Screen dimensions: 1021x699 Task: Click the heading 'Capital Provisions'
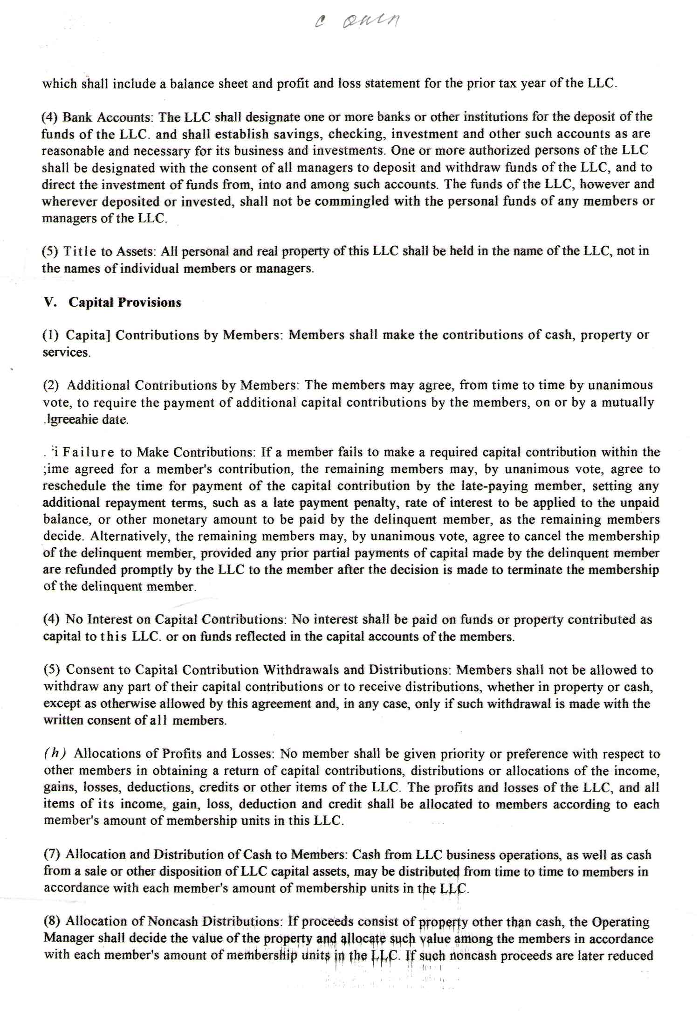125,303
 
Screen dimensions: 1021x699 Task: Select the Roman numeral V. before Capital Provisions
50,303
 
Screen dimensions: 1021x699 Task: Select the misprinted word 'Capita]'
88,336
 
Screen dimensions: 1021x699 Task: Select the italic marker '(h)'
55,754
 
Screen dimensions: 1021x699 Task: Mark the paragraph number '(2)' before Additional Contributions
51,386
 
